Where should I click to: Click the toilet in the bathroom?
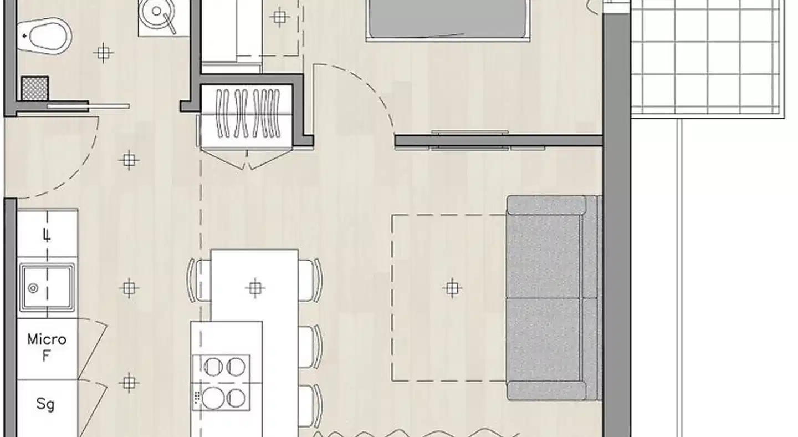click(44, 36)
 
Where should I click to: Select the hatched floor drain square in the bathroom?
click(35, 88)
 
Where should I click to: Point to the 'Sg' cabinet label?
click(45, 405)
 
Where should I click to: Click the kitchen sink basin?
click(47, 287)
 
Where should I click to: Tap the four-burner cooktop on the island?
click(221, 383)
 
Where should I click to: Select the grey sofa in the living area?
click(554, 297)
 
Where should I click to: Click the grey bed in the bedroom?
click(448, 19)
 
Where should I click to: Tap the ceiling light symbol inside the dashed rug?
click(452, 288)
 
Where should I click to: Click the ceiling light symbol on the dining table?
click(255, 288)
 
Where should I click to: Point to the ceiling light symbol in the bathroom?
click(103, 53)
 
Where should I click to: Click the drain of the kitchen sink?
click(33, 288)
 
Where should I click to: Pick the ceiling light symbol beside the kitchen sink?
click(129, 288)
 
